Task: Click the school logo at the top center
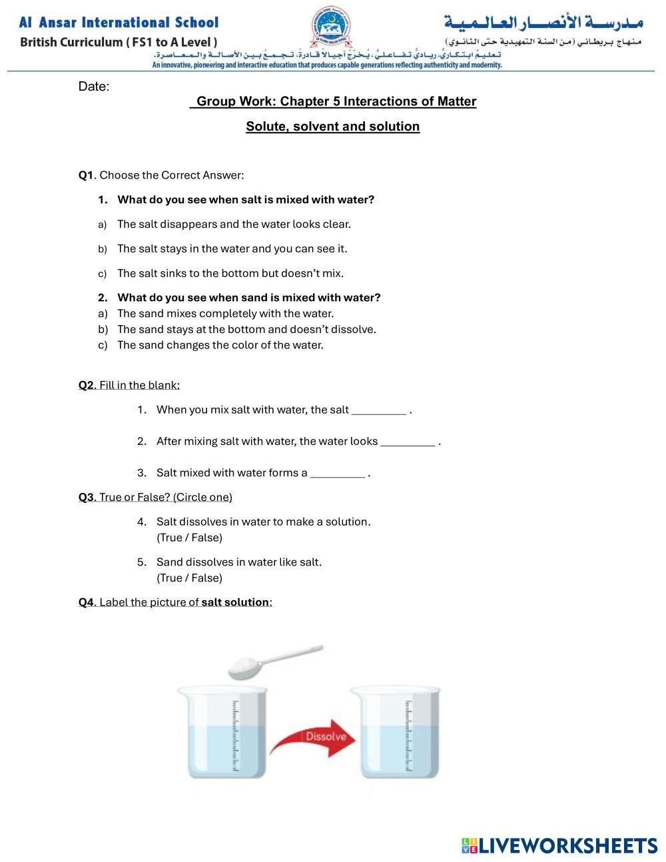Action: coord(331,30)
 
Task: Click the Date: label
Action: coord(93,87)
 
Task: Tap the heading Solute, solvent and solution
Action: coord(332,127)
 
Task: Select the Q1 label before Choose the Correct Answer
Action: coord(87,175)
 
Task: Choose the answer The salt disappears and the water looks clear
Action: coord(234,224)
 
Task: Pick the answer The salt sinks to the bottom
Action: coord(230,273)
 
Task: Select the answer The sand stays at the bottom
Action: coord(246,329)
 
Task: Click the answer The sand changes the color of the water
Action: coord(220,345)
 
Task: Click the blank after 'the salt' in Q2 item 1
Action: coord(378,410)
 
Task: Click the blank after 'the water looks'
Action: coord(407,442)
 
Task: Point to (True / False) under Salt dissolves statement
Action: coord(189,538)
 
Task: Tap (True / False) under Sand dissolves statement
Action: coord(189,578)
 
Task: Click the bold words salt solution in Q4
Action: coord(235,602)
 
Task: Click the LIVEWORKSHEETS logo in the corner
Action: coord(559,845)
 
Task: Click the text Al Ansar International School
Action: coord(119,23)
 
